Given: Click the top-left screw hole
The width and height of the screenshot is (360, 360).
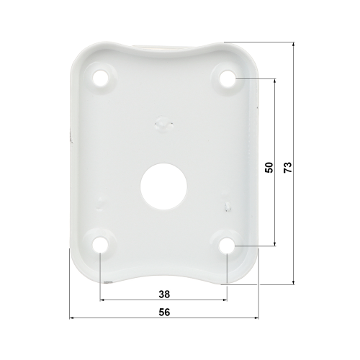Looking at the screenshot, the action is point(101,78).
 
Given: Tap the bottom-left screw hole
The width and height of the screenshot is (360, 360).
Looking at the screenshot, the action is point(101,245).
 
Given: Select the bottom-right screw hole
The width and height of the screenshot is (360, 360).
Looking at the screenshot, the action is point(227,246).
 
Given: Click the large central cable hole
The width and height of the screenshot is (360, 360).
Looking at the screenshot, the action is point(164,186).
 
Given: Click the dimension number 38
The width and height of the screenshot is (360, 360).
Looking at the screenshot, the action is point(164,294).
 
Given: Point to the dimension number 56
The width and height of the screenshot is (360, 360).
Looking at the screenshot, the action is point(164,312).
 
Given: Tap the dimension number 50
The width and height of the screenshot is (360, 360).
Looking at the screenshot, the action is point(269,167).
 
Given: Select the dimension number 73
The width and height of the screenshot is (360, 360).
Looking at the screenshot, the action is point(287,167).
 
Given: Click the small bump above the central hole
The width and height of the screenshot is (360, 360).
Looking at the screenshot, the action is point(164,122).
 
